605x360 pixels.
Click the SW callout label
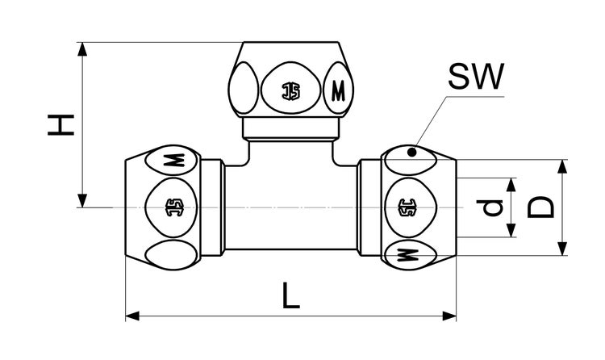point(476,76)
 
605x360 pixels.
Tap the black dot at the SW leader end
point(412,153)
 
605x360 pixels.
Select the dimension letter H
point(61,125)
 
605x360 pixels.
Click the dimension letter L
point(290,295)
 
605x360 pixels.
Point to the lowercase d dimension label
point(490,207)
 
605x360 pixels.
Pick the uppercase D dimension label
point(540,207)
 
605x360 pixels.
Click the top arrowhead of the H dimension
point(81,49)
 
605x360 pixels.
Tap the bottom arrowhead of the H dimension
point(81,200)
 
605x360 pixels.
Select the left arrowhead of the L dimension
point(132,316)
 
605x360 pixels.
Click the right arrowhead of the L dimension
point(449,316)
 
